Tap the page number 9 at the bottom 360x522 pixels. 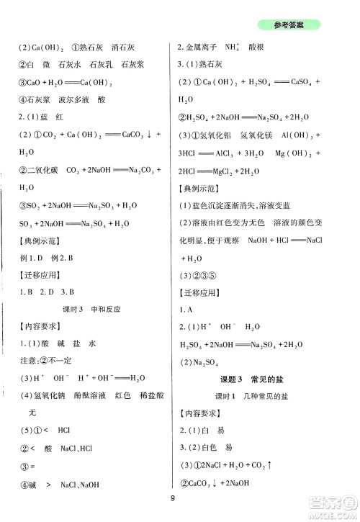[x=174, y=503]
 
